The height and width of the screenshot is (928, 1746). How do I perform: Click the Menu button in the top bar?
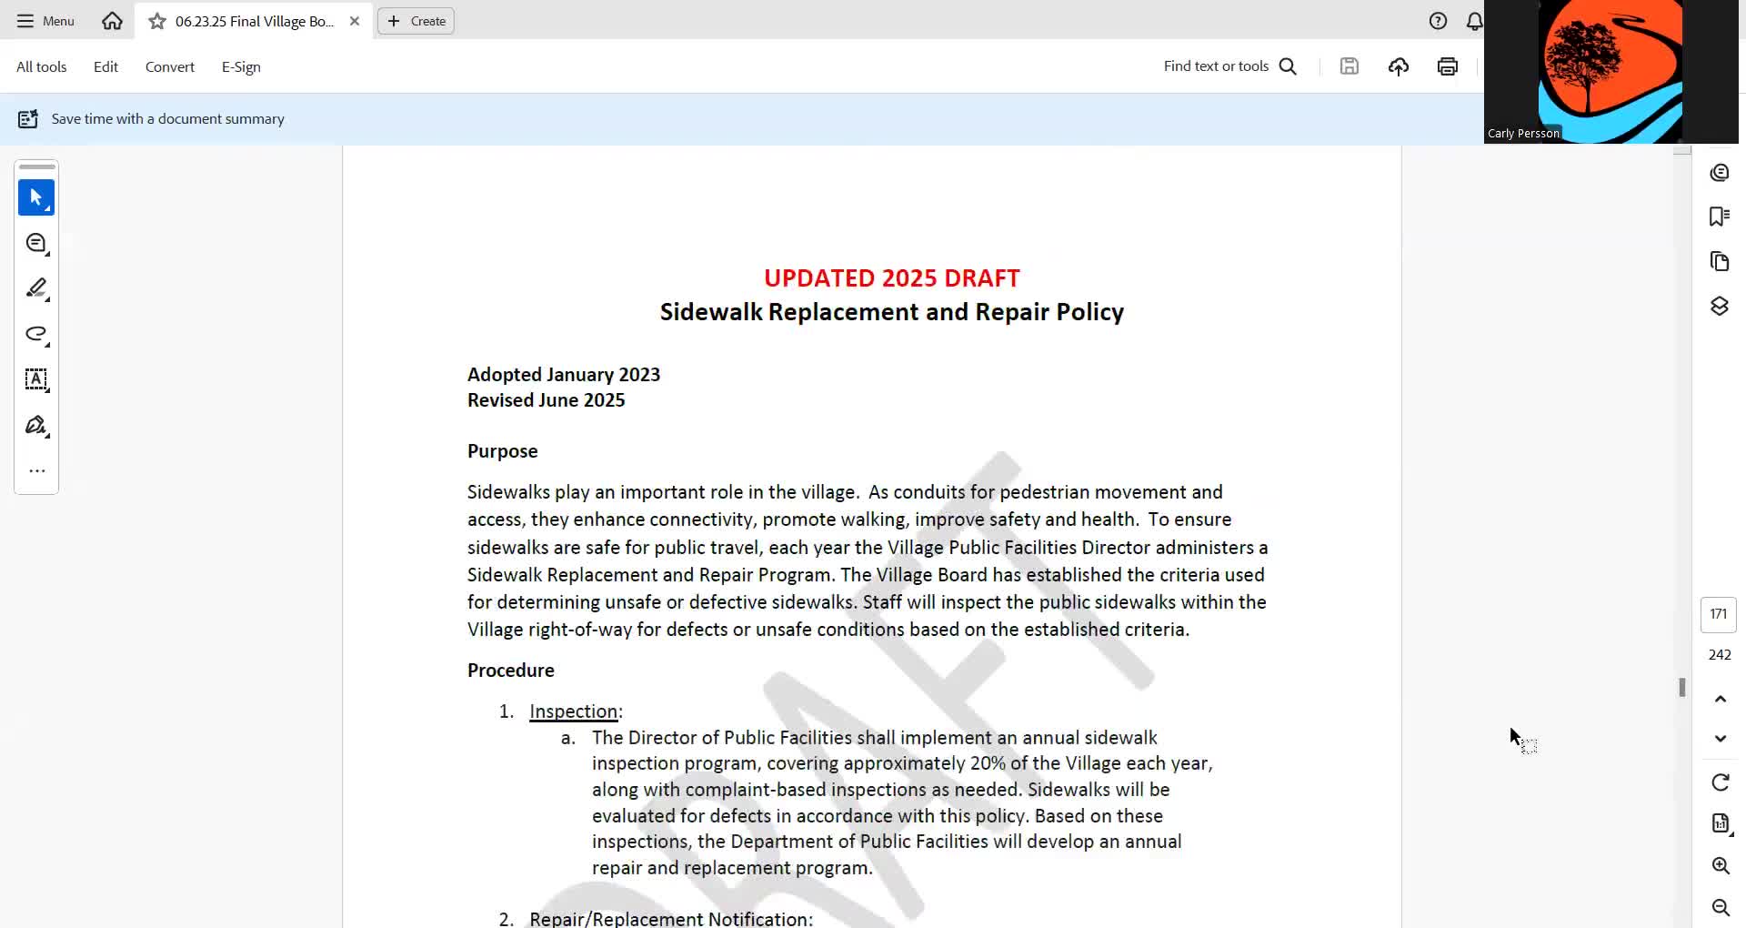[45, 21]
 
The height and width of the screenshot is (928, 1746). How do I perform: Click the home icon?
[112, 21]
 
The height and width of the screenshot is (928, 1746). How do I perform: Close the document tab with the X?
[355, 21]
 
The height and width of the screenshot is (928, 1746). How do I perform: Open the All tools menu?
[42, 66]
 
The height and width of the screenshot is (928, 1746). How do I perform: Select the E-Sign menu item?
[241, 66]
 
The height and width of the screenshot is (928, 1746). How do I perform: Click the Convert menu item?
[170, 66]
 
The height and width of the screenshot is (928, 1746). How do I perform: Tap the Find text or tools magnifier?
[1288, 66]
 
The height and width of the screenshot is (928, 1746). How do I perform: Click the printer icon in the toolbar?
[1448, 66]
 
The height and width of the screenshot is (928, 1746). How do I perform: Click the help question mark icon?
[1438, 21]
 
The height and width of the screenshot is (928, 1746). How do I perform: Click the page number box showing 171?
[1718, 614]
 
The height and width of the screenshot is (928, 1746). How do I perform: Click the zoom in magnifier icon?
[1721, 865]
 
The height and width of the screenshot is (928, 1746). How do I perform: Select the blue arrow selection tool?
[36, 197]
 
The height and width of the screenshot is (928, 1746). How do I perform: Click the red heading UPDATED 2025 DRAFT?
[891, 277]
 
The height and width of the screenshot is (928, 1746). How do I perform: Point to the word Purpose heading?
[502, 451]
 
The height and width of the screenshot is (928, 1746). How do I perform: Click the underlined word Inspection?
[573, 711]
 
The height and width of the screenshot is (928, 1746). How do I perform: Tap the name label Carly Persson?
[1523, 134]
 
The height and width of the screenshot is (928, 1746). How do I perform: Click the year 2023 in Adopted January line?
[639, 375]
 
